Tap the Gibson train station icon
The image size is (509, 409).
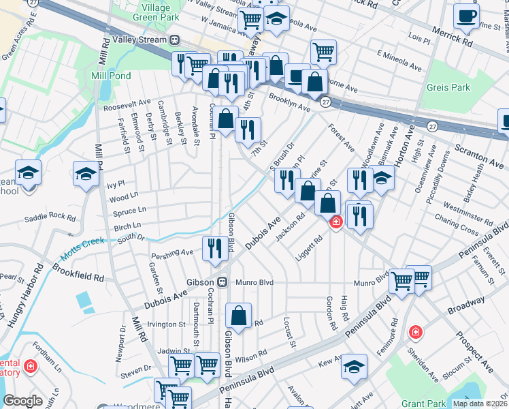pyautogui.click(x=222, y=282)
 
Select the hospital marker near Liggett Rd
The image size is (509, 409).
pyautogui.click(x=335, y=222)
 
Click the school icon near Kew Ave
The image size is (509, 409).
pyautogui.click(x=354, y=366)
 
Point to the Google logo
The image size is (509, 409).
pyautogui.click(x=22, y=401)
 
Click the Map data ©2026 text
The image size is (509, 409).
pyautogui.click(x=479, y=404)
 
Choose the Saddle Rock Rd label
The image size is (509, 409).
pyautogui.click(x=50, y=217)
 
